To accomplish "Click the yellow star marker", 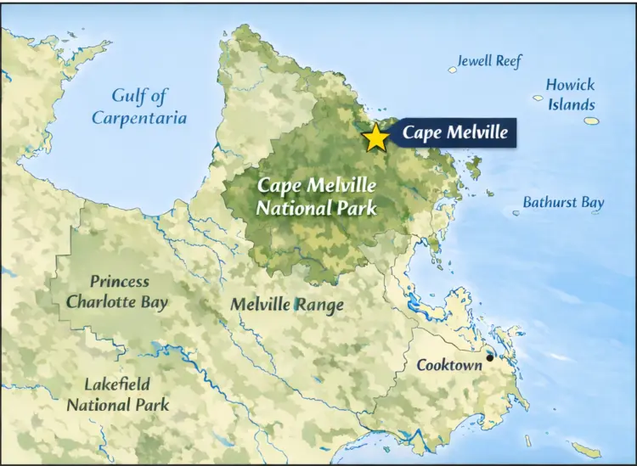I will [375, 137].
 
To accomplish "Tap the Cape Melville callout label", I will [454, 132].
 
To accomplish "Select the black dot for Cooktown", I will [489, 358].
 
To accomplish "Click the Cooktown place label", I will [449, 365].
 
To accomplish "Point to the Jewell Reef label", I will [489, 61].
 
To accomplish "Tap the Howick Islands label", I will [570, 94].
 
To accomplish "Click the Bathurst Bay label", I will [563, 202].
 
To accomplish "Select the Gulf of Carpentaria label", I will [139, 106].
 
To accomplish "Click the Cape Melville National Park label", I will [317, 195].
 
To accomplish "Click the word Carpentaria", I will [139, 117].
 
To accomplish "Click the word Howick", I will [570, 85].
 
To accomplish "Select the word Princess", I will [120, 281].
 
